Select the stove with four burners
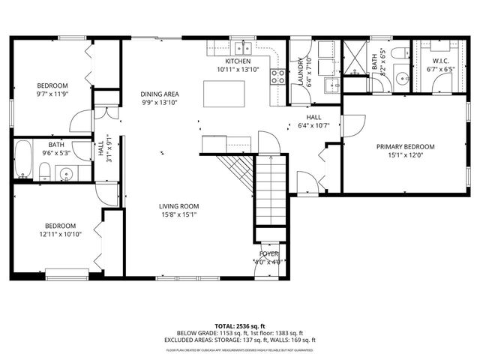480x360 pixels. (277, 76)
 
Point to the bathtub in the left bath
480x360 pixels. (23, 161)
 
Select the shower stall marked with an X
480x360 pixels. (354, 55)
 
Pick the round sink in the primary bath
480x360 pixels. (399, 79)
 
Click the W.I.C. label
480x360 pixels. (440, 61)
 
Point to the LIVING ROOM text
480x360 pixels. (178, 206)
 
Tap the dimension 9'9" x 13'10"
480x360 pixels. (160, 103)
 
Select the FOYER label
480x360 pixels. (268, 254)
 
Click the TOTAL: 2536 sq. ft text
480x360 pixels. (240, 326)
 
